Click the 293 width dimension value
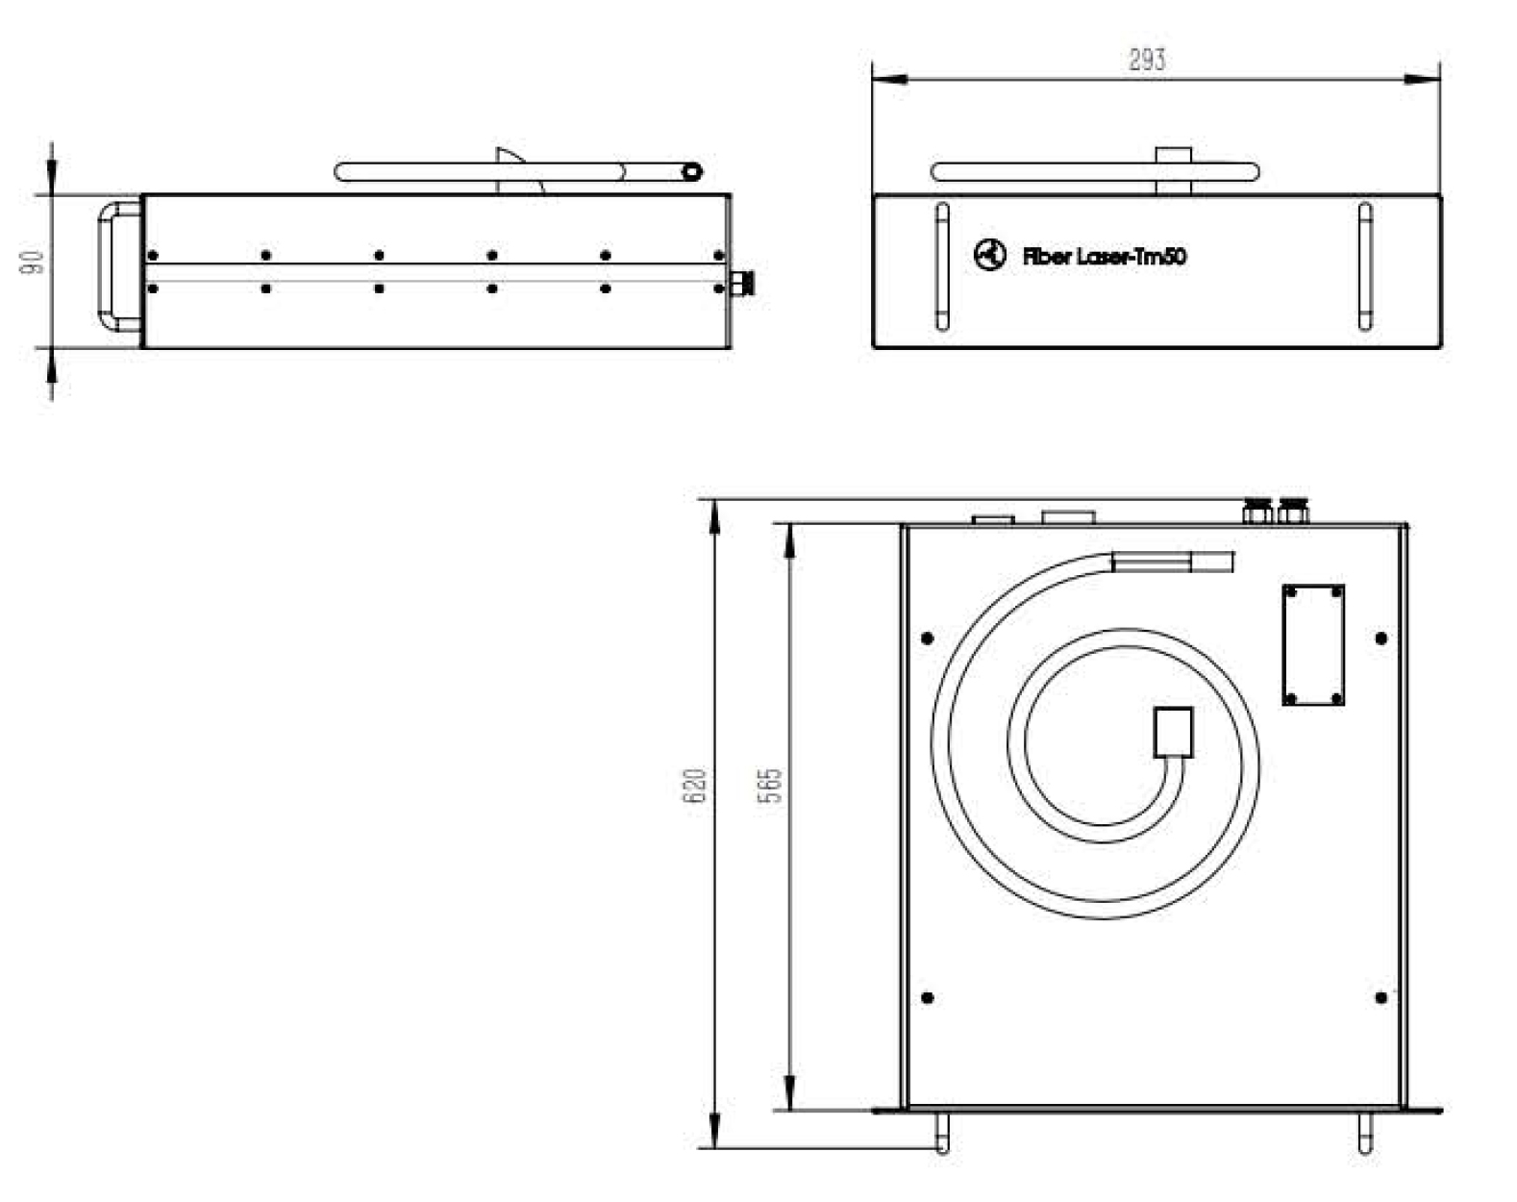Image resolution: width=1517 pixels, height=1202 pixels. point(1147,60)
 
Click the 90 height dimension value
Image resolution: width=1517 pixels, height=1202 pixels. point(33,263)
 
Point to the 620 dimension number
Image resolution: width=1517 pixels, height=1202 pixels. point(694,786)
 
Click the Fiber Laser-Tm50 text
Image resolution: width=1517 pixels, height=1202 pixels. point(1105,256)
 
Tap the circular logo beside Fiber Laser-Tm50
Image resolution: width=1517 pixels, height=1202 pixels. point(990,255)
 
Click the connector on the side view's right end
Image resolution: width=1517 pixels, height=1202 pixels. point(742,283)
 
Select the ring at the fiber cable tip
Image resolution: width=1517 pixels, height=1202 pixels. point(692,171)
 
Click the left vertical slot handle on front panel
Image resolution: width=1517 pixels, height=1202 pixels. point(942,266)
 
